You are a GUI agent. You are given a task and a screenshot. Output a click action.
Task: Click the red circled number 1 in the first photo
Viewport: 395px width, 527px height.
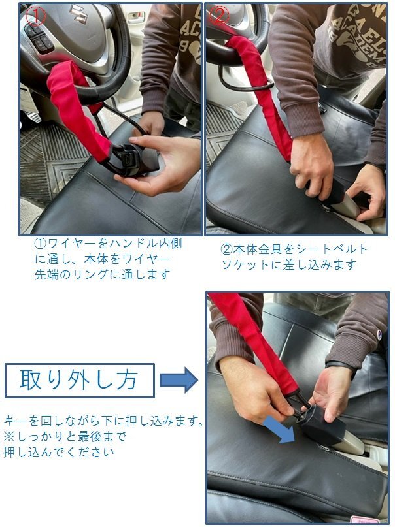click(x=35, y=16)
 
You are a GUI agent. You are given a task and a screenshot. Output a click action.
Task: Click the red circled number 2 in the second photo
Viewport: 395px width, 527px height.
click(x=219, y=15)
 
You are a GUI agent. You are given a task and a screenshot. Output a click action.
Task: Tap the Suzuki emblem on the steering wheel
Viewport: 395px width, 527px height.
click(x=78, y=14)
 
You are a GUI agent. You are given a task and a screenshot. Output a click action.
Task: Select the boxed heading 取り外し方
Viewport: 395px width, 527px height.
click(x=79, y=381)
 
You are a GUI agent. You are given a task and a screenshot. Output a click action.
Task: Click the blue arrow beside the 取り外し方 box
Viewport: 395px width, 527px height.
click(x=179, y=380)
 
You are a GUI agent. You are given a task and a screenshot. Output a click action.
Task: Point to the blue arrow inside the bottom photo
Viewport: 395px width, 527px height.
click(x=279, y=429)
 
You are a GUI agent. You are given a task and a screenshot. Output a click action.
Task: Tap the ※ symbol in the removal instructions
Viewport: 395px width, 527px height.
click(x=9, y=437)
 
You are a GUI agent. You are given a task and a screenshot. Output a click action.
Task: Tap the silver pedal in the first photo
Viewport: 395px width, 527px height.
click(x=31, y=112)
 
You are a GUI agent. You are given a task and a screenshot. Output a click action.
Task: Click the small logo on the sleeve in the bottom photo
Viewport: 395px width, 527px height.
click(x=379, y=334)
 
